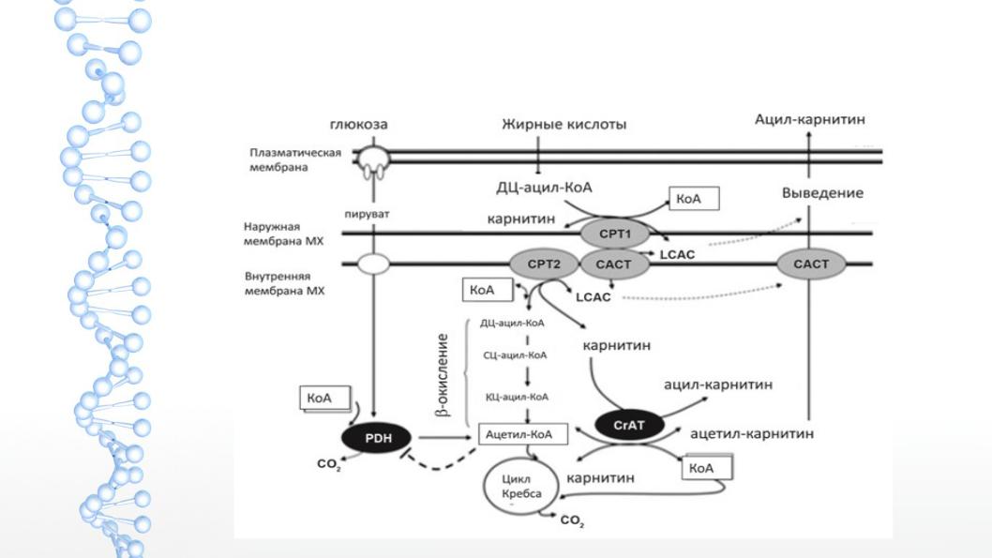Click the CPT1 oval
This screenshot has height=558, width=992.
pos(615,234)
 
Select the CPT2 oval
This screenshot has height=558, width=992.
pos(544,264)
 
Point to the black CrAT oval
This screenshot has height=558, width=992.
pos(629,425)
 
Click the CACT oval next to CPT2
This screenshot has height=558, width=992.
pos(614,264)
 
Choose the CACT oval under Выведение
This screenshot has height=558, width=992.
pos(811,264)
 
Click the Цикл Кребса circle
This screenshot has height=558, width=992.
pos(521,487)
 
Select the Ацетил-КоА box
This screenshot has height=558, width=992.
pos(522,434)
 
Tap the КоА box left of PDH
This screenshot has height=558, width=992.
pos(325,399)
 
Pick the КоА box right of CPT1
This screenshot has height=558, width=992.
pos(694,199)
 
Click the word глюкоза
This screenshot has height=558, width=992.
pos(359,125)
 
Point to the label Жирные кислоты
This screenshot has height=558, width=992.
pos(564,124)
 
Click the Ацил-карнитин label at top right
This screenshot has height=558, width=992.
pos(810,120)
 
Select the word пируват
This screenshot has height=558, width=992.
pos(367,215)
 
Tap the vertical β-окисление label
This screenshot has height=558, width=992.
pos(443,375)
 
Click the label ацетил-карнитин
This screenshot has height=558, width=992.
pos(752,433)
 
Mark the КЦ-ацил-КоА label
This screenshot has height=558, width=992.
pos(517,398)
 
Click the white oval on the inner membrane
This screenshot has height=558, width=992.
pos(373,264)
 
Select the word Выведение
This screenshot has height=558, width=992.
pos(822,193)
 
